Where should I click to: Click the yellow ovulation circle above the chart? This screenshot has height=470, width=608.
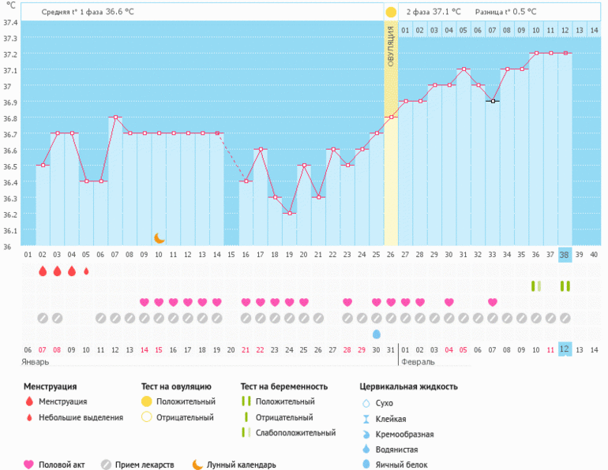tap(391, 13)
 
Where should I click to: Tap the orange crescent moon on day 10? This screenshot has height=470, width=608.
tap(159, 237)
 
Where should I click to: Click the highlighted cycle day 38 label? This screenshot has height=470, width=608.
tap(565, 255)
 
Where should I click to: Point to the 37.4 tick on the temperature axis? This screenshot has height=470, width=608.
tap(10, 22)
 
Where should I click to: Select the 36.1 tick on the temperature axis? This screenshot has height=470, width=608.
tap(10, 231)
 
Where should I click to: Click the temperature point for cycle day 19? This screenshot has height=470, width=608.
tap(289, 213)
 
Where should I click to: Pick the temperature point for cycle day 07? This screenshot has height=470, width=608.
tap(115, 117)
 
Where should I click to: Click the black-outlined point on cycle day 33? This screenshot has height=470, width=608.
tap(492, 101)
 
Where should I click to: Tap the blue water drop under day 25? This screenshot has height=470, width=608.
tap(376, 334)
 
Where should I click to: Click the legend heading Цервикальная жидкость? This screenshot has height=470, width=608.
tap(408, 386)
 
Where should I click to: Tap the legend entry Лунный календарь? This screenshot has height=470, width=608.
tap(242, 464)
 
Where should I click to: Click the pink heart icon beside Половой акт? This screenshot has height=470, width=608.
tap(29, 464)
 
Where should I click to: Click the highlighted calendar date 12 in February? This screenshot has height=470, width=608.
tap(565, 349)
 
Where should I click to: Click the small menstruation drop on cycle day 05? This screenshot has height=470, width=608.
tap(86, 271)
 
